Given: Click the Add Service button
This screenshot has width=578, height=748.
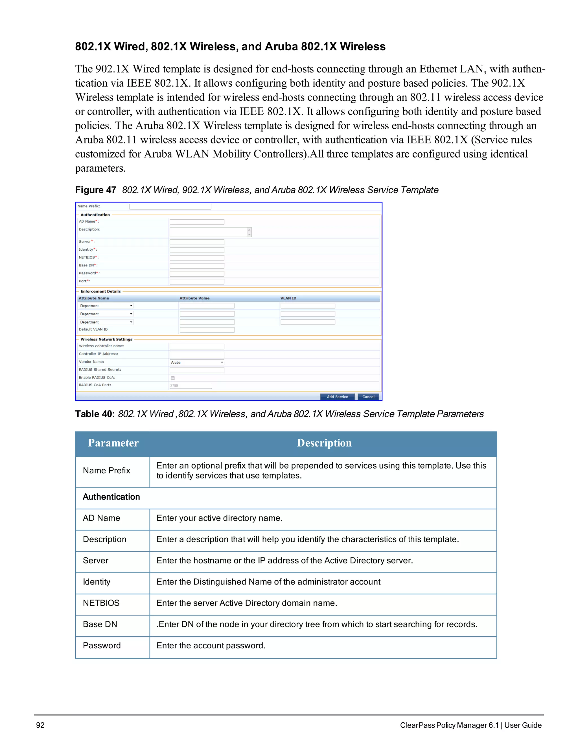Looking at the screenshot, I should tap(337, 397).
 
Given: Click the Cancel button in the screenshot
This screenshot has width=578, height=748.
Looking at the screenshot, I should tap(368, 397).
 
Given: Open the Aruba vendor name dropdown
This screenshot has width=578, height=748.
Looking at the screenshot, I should tap(197, 362).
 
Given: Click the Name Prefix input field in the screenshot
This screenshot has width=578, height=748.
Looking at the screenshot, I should tap(170, 207).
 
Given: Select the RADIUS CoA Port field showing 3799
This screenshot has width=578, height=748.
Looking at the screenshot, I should tap(191, 386).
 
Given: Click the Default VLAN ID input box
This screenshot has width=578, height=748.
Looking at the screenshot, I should tap(207, 330).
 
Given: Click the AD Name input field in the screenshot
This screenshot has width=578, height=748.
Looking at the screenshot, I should tap(197, 222).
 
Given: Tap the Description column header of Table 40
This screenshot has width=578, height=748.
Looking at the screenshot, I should tap(324, 443).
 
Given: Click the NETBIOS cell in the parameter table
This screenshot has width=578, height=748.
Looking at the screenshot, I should tap(101, 603).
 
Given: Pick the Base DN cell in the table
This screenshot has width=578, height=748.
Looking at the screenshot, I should tap(100, 624).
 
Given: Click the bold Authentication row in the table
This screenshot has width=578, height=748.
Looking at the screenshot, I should tap(111, 497).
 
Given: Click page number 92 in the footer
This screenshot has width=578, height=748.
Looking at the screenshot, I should tap(40, 725).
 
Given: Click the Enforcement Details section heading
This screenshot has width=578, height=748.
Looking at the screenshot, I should tap(101, 292).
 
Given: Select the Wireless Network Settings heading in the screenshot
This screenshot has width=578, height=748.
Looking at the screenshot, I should tap(106, 339).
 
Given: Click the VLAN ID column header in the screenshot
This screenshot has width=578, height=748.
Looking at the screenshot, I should tap(288, 298).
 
